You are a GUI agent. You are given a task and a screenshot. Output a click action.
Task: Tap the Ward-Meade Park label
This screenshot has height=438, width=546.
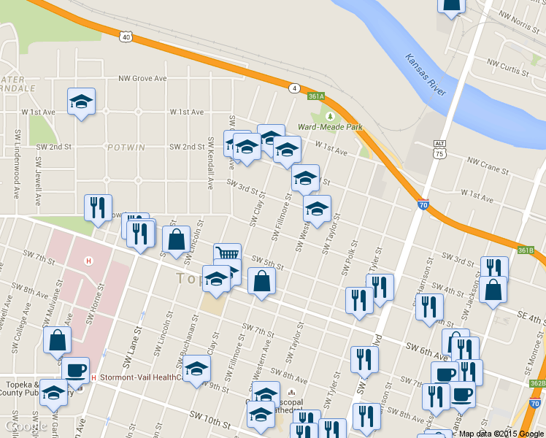330,127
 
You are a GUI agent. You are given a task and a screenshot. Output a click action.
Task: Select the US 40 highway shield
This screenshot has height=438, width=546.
127,35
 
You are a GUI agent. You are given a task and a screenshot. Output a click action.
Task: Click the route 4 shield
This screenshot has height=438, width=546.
294,88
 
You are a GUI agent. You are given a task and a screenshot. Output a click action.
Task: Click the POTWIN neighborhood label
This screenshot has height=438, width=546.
126,147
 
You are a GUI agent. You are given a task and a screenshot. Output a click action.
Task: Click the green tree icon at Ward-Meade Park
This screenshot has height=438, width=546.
330,115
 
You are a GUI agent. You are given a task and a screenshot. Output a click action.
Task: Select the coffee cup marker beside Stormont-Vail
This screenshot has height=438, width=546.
75,369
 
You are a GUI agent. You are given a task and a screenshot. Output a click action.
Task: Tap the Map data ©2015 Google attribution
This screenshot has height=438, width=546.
501,433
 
